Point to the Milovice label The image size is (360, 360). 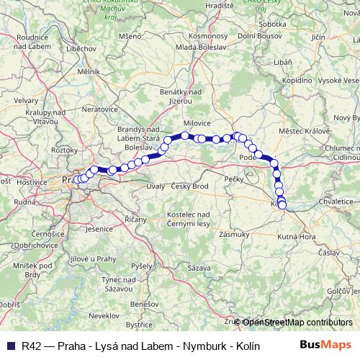click(x=196, y=123)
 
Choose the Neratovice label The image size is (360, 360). click(x=99, y=108)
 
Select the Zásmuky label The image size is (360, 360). click(x=235, y=234)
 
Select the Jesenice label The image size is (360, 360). click(x=95, y=229)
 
